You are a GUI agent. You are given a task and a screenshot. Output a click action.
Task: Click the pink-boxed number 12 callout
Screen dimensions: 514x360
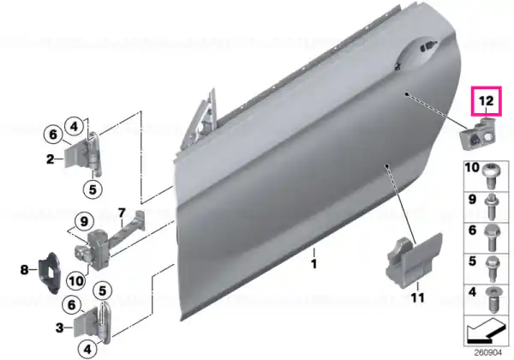(486, 101)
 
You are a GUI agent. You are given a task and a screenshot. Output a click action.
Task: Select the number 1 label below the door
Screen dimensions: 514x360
(314, 264)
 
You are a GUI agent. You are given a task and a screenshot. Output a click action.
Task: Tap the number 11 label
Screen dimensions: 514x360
(418, 297)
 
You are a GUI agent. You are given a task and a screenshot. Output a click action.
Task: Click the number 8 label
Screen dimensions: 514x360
(24, 270)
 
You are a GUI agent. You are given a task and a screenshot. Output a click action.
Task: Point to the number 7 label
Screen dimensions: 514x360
(122, 213)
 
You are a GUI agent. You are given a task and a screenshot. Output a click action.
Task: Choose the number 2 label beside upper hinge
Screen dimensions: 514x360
(50, 159)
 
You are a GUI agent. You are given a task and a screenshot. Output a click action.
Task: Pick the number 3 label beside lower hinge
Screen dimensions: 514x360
(59, 327)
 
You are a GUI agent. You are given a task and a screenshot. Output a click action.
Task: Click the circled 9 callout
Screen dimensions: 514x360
(84, 222)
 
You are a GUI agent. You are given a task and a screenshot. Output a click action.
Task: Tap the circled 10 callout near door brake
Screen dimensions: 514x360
(76, 281)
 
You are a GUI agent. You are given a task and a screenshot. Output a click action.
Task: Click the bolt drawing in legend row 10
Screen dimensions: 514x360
(490, 176)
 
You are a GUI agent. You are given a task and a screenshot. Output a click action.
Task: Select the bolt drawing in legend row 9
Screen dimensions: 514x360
(491, 207)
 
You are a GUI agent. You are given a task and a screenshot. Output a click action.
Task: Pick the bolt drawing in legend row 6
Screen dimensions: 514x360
(491, 237)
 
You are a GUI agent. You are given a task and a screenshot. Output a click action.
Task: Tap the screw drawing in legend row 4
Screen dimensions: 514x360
(493, 300)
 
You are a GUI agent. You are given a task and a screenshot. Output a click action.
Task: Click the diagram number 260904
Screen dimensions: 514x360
(488, 353)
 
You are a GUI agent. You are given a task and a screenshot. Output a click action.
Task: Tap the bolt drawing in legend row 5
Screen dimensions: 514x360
(491, 269)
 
